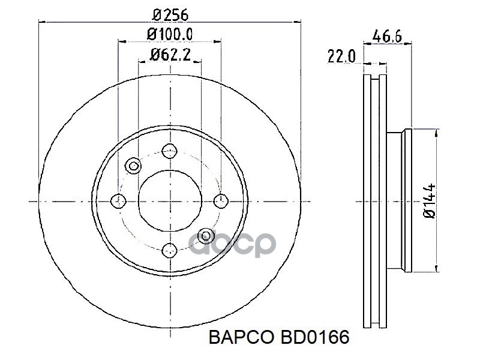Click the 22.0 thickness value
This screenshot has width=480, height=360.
[x=342, y=56]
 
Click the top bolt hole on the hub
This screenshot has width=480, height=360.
[x=170, y=150]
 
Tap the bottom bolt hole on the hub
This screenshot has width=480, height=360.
[x=170, y=250]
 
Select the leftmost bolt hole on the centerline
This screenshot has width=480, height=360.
[x=119, y=200]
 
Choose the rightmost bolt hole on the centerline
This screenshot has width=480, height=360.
[x=221, y=200]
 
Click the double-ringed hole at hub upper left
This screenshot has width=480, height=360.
[x=134, y=164]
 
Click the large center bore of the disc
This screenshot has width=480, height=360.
[x=170, y=200]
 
